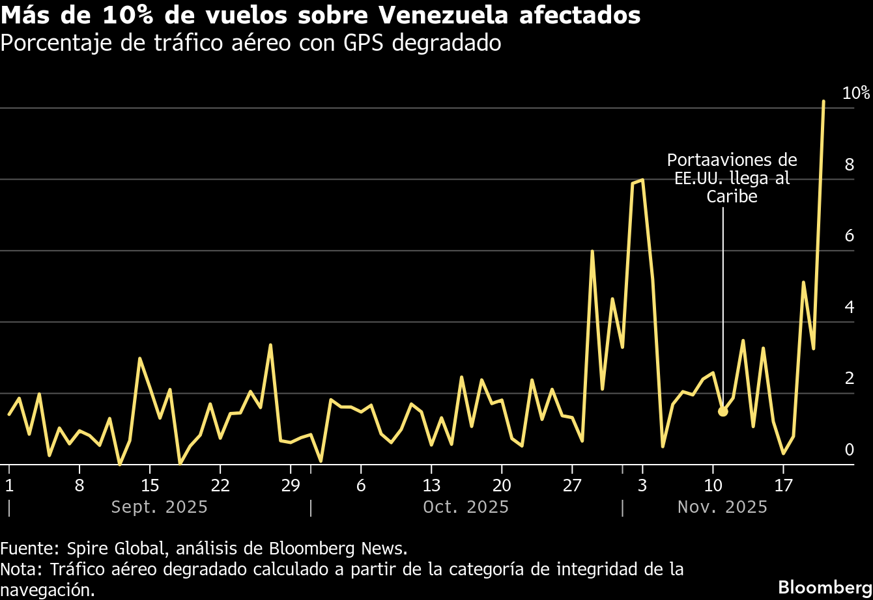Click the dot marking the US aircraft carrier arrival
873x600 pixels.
[723, 411]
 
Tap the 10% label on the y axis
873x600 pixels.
[856, 93]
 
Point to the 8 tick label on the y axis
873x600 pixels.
[849, 165]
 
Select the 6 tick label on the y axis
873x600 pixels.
[849, 236]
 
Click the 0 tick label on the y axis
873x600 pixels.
[849, 449]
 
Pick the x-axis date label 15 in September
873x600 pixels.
[150, 485]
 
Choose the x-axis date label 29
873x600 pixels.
[291, 485]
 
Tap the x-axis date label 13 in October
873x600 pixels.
[431, 485]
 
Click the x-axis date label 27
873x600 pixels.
[572, 485]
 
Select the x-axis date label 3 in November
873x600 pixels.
[642, 485]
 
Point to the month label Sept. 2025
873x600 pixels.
[159, 507]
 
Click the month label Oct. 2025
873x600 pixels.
[466, 507]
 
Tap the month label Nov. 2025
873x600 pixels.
[723, 507]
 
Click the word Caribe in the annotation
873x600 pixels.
[732, 197]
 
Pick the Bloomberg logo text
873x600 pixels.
[825, 584]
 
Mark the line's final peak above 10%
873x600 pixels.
[823, 102]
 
